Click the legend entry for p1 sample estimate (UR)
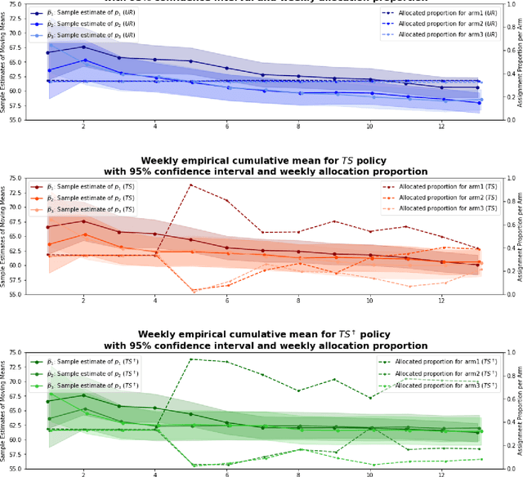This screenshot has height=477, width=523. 86,14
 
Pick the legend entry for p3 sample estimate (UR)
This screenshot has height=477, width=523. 86,36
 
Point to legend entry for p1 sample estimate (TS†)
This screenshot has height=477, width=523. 86,363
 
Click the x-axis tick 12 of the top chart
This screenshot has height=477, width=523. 442,127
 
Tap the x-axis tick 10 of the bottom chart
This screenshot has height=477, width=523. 370,475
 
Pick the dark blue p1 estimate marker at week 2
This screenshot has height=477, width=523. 83,47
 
